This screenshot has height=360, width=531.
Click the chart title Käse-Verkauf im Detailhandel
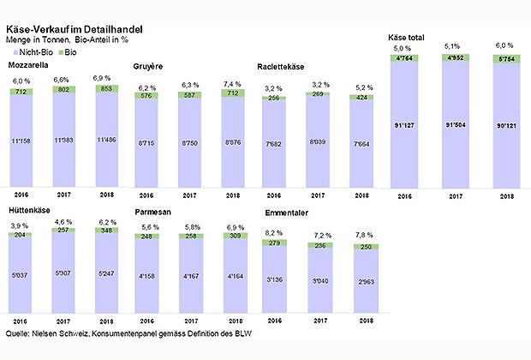(x=74, y=29)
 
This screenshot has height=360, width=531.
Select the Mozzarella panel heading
(x=28, y=65)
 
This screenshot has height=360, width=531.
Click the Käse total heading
(x=408, y=39)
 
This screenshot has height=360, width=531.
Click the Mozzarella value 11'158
(x=23, y=140)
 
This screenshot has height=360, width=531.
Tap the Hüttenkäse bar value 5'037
(x=23, y=277)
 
